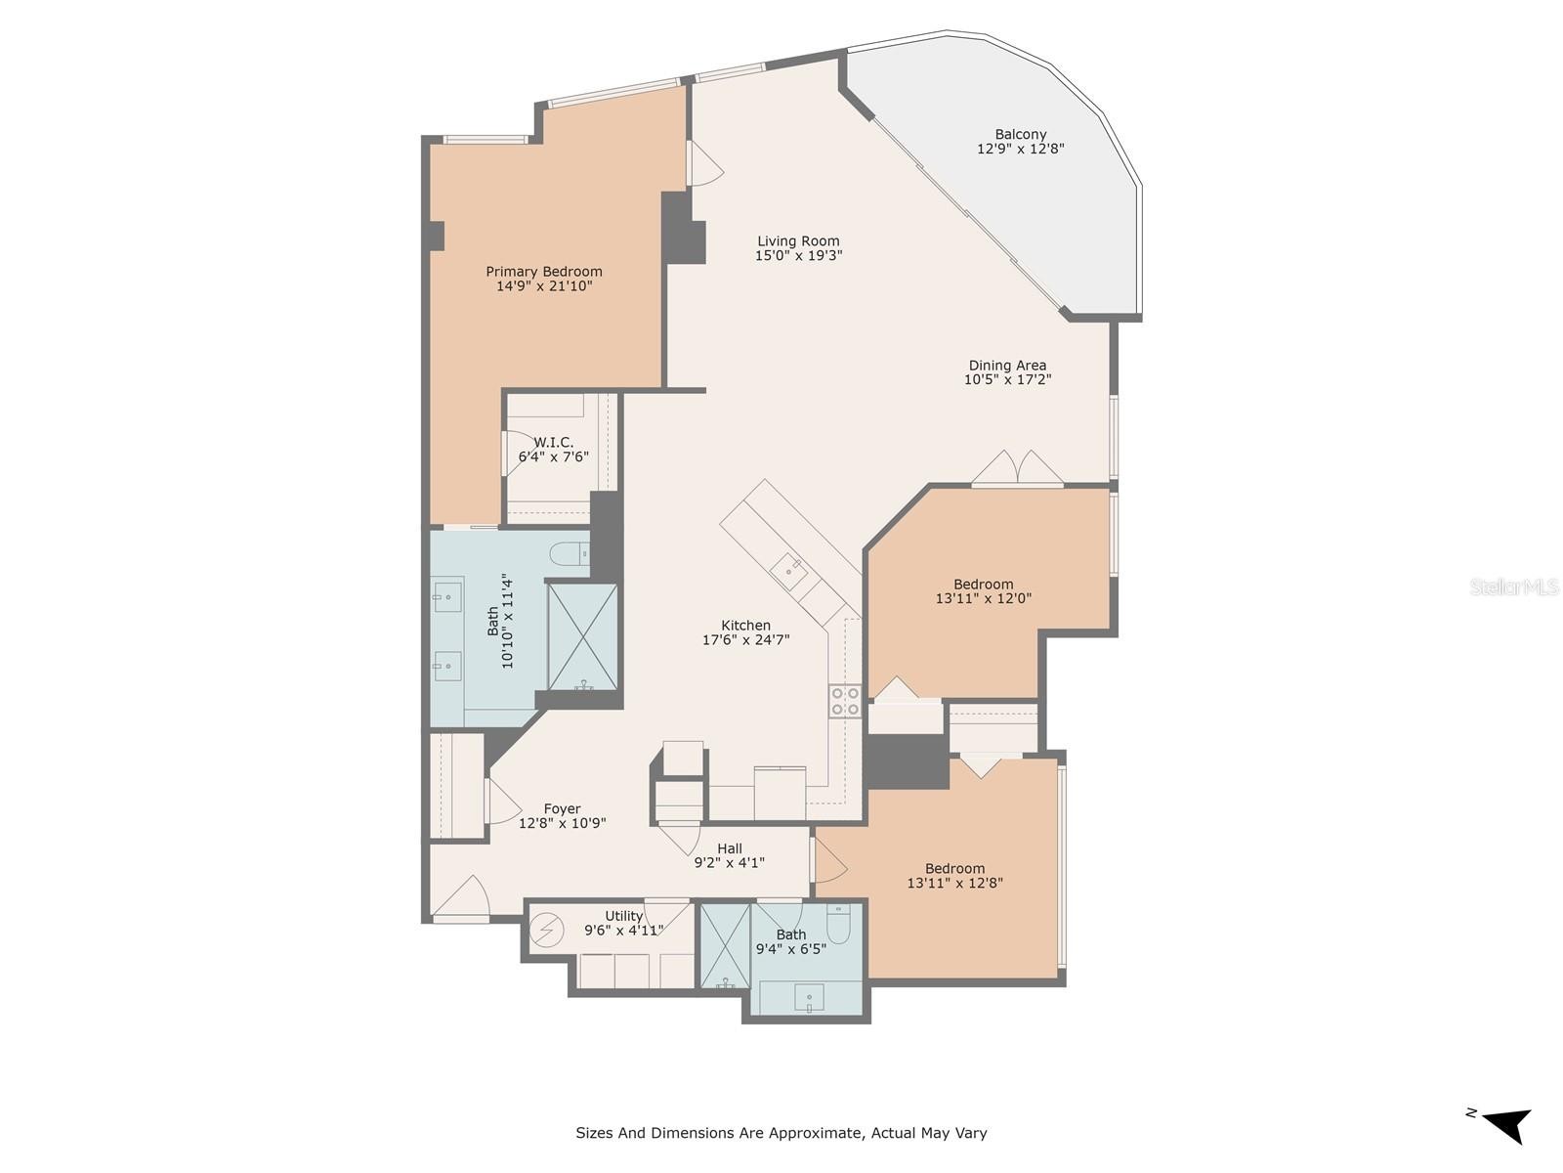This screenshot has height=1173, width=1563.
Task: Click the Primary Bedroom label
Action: click(543, 272)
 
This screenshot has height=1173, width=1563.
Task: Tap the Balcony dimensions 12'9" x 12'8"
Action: click(1020, 149)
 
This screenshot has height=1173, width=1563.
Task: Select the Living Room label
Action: click(797, 240)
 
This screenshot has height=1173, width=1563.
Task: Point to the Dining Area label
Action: click(1007, 366)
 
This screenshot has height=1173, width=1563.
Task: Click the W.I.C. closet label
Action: click(553, 442)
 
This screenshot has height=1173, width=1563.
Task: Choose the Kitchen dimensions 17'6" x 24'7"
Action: click(745, 639)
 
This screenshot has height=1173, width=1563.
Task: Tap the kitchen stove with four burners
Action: click(845, 700)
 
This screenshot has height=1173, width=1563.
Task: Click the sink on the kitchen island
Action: click(790, 571)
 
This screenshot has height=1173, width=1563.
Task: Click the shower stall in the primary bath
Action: click(582, 636)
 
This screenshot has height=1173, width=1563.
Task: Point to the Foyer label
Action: click(562, 809)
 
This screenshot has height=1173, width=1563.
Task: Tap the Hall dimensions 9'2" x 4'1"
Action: click(729, 862)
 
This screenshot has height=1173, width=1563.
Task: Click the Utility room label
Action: click(624, 917)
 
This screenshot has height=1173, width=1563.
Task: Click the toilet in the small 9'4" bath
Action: click(838, 924)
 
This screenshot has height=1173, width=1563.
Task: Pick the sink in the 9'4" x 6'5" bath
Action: click(809, 996)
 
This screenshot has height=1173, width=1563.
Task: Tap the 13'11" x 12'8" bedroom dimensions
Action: click(954, 883)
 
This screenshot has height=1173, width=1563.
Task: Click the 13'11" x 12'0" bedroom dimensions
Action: click(984, 598)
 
